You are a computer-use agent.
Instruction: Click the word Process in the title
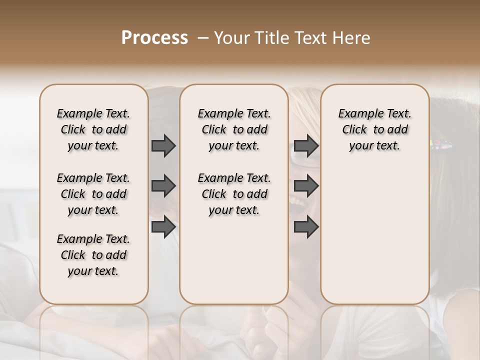(154, 38)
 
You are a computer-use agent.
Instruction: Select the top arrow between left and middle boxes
(163, 146)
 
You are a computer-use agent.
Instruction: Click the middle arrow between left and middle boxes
(163, 186)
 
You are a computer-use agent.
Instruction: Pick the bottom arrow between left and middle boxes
(163, 226)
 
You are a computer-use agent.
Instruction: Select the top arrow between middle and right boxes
(306, 146)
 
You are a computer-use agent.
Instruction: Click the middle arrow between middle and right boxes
(306, 186)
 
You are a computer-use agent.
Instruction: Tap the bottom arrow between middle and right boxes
(306, 226)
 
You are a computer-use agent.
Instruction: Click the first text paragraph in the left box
(93, 129)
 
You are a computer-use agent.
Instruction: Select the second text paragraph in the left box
(93, 194)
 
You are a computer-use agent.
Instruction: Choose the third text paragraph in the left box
(93, 255)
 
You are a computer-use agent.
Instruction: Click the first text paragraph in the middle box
(234, 129)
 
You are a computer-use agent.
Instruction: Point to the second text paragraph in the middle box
(234, 194)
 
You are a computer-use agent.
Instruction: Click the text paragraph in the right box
(374, 129)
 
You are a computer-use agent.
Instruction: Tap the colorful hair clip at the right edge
(442, 145)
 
